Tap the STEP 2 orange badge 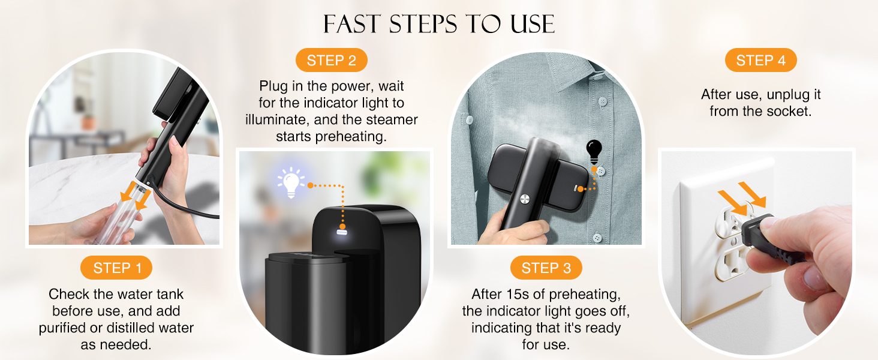331,61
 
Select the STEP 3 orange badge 546,268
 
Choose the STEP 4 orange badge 760,61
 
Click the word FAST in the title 352,24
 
